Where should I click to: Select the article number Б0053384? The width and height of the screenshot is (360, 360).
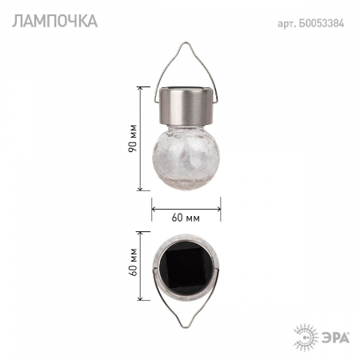324,22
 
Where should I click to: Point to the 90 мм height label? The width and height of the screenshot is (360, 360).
132,139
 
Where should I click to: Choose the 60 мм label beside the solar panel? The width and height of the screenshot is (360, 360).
132,264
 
